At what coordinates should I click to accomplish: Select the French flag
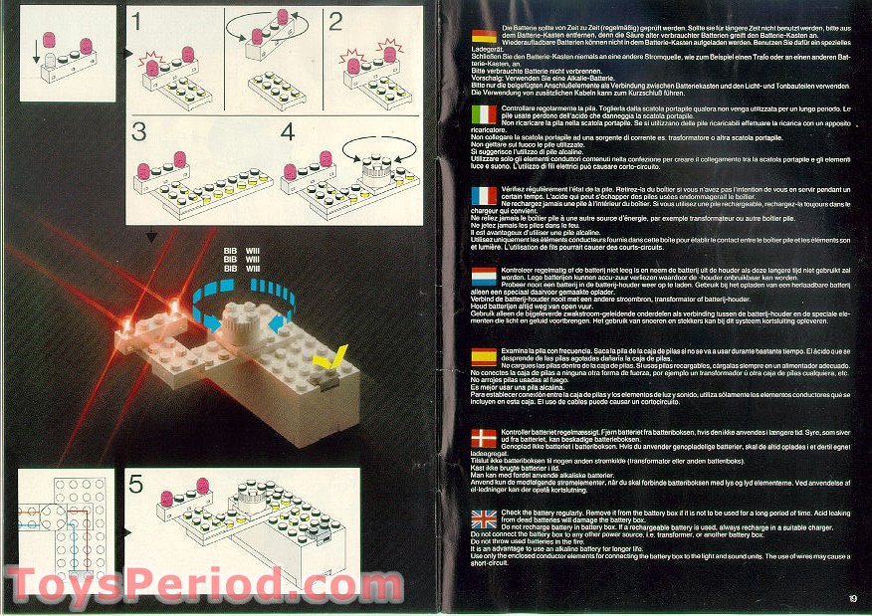point(484,195)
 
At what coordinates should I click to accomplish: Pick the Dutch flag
point(484,275)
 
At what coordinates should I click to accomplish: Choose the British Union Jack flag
point(484,517)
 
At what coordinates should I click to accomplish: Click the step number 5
point(138,487)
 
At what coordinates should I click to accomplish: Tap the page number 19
point(853,598)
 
